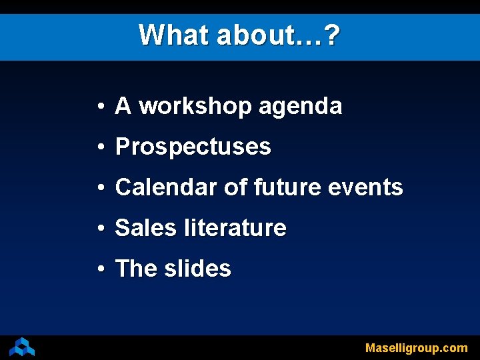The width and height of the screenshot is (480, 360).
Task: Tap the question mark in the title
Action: coord(332,34)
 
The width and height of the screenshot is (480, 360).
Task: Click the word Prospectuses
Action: coord(193,147)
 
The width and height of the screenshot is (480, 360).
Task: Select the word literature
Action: coord(235,228)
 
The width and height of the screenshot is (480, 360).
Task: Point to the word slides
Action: coord(197,269)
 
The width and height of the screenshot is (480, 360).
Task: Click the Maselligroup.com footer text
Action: coord(416,348)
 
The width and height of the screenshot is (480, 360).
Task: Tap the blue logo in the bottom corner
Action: coord(22,347)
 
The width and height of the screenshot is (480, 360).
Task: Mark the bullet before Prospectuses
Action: coord(98,147)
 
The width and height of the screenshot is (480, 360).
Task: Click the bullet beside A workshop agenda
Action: coord(98,107)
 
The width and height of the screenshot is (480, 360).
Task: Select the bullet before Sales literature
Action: coord(98,229)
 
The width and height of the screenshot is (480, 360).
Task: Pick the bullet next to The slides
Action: coord(98,269)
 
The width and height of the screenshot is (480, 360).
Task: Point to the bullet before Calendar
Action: coord(98,188)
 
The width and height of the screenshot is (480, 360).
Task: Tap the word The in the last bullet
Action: coord(136,269)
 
